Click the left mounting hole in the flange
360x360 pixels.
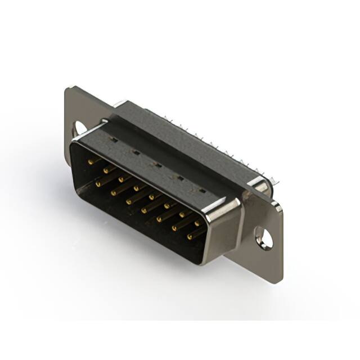(79, 128)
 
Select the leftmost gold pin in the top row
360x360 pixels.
(91, 161)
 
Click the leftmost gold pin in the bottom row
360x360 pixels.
(98, 183)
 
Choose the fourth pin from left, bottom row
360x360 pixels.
(144, 210)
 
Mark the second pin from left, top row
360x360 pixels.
(106, 170)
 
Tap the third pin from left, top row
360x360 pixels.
(121, 179)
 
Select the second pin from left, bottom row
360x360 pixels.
(113, 192)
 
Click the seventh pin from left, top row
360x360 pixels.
(182, 214)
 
